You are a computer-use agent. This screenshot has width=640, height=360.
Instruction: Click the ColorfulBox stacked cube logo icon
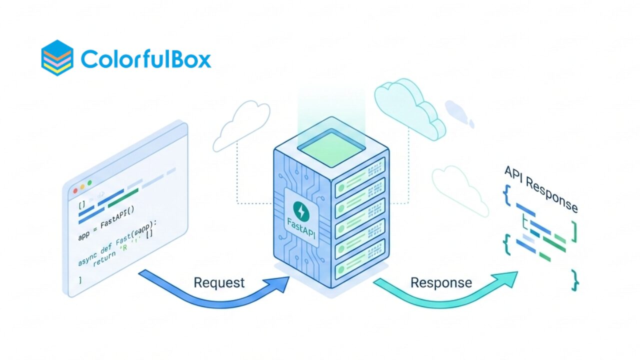tap(57, 57)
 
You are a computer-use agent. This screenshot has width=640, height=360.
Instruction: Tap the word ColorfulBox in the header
tap(145, 58)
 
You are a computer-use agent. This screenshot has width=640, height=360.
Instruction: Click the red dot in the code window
tap(76, 190)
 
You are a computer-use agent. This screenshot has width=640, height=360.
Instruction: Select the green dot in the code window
tap(90, 183)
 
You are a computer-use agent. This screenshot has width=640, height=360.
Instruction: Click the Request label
tap(219, 282)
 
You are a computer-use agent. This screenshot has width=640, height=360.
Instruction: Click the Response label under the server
tap(441, 282)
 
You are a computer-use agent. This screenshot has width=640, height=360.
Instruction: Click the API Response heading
tap(541, 189)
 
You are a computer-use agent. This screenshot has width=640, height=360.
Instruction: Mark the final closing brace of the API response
tap(575, 279)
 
